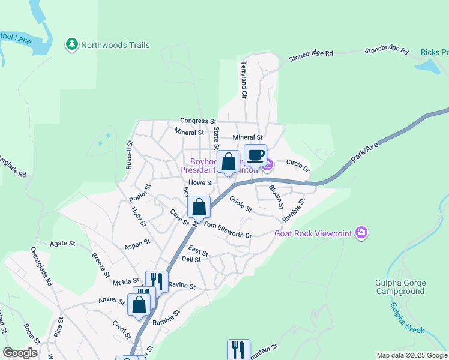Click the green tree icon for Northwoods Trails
[72, 44]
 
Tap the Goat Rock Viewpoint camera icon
[361, 232]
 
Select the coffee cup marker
[255, 155]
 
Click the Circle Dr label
[297, 166]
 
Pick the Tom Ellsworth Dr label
[228, 230]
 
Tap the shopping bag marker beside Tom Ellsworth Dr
[199, 208]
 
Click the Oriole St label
[240, 204]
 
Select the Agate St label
[62, 244]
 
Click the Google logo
[20, 353]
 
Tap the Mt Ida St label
[125, 281]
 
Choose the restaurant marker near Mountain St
[238, 350]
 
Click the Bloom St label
[276, 196]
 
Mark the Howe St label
[201, 182]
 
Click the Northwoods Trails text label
[115, 45]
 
